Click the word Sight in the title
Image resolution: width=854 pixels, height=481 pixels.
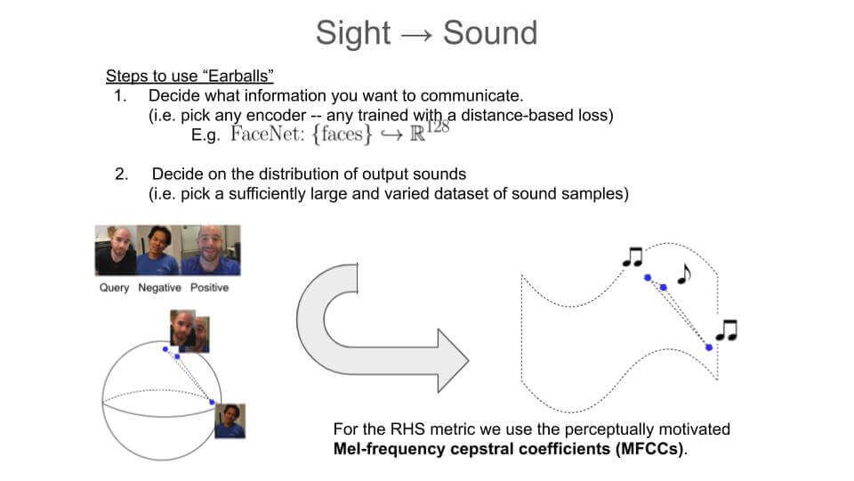click(x=352, y=33)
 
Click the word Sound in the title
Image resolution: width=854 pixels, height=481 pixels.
click(x=490, y=33)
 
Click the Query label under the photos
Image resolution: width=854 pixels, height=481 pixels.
click(x=114, y=288)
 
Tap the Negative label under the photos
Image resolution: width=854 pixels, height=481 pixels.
click(x=159, y=288)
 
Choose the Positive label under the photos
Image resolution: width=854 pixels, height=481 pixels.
click(x=208, y=288)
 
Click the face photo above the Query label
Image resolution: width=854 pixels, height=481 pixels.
click(x=116, y=250)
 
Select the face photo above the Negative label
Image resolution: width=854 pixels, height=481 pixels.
click(x=157, y=250)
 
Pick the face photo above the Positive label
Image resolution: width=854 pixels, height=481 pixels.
click(x=210, y=250)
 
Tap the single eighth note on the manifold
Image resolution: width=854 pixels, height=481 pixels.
click(x=683, y=273)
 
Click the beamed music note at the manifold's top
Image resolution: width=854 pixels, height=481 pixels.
click(x=632, y=257)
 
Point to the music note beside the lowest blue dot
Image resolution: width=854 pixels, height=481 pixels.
click(x=727, y=330)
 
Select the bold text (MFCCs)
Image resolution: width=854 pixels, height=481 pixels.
click(x=649, y=449)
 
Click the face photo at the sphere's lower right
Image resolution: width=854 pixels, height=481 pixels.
click(x=230, y=420)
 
